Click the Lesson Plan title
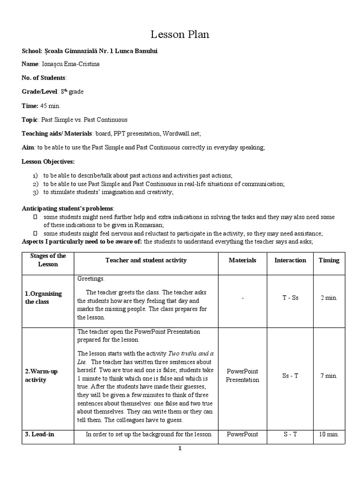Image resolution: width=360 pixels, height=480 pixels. point(180,34)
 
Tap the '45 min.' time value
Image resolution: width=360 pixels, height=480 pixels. point(50,105)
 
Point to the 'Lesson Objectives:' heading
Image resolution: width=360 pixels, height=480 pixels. point(48,162)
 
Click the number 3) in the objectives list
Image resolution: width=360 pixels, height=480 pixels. point(35,192)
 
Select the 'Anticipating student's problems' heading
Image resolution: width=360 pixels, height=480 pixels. point(67,208)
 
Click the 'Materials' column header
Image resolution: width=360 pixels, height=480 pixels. point(242,260)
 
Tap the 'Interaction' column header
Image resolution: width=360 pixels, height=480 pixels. point(290,260)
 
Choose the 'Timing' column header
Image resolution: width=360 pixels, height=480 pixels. point(329,260)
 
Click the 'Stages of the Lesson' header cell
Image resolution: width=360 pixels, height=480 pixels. point(48,260)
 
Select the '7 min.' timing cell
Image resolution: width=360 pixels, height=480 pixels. point(329,375)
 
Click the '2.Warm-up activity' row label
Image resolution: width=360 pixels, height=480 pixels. point(41,375)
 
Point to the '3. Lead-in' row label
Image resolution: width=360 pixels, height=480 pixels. point(39,435)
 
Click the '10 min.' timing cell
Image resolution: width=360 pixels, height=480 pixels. point(329,435)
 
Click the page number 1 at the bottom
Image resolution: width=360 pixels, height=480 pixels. point(179,449)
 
